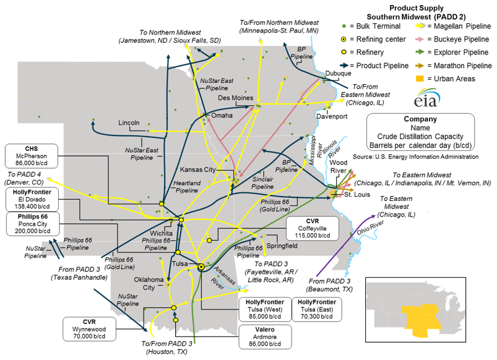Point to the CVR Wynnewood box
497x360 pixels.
[x=89, y=325]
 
